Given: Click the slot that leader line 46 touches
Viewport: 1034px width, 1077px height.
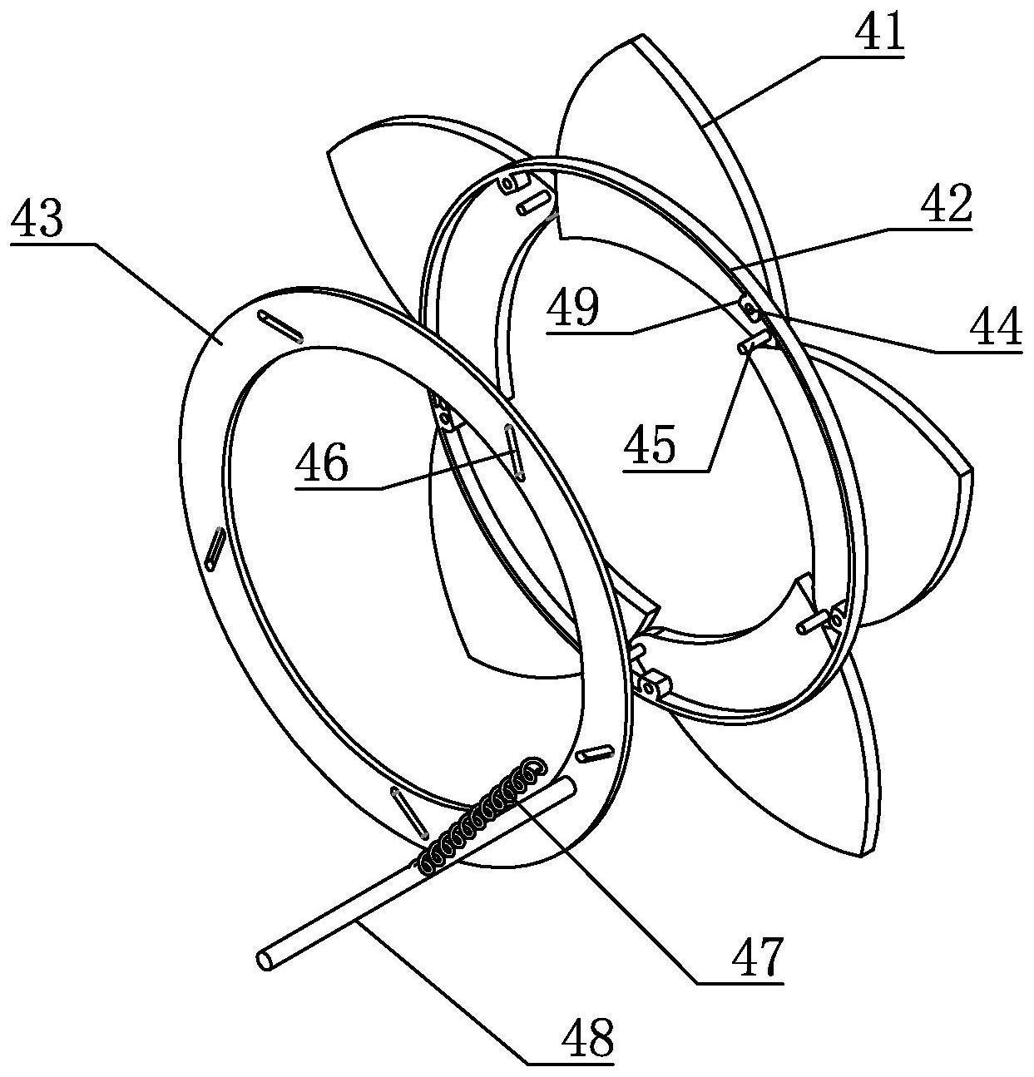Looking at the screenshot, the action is tap(513, 450).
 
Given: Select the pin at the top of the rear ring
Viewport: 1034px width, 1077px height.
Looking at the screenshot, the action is tap(532, 200).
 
